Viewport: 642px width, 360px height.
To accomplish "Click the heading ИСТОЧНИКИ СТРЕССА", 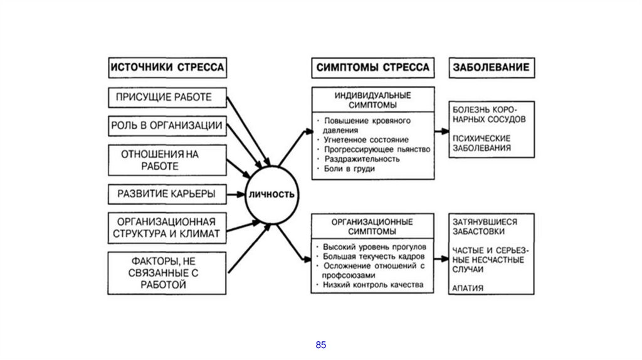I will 167,67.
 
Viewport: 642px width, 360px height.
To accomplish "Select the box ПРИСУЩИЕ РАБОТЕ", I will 164,97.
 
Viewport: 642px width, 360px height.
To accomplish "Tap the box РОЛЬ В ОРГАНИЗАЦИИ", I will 167,125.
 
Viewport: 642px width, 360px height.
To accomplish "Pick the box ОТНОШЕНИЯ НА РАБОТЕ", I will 167,160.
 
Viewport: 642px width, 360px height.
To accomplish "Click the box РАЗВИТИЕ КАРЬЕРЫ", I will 167,194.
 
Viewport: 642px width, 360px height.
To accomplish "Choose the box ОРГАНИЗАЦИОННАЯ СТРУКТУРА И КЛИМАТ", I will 167,228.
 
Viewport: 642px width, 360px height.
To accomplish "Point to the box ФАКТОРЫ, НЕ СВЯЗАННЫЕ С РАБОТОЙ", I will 167,273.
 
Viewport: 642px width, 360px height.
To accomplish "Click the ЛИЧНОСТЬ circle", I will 271,194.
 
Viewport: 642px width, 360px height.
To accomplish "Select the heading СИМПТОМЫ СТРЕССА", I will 372,67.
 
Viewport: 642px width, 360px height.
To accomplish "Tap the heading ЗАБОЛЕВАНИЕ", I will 491,67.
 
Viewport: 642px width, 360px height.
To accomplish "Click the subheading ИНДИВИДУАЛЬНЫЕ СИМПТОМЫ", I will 372,100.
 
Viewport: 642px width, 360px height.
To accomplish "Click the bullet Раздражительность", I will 362,159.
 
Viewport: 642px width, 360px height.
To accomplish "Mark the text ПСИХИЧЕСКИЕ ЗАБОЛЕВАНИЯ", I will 481,142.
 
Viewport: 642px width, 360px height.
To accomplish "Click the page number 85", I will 321,345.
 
